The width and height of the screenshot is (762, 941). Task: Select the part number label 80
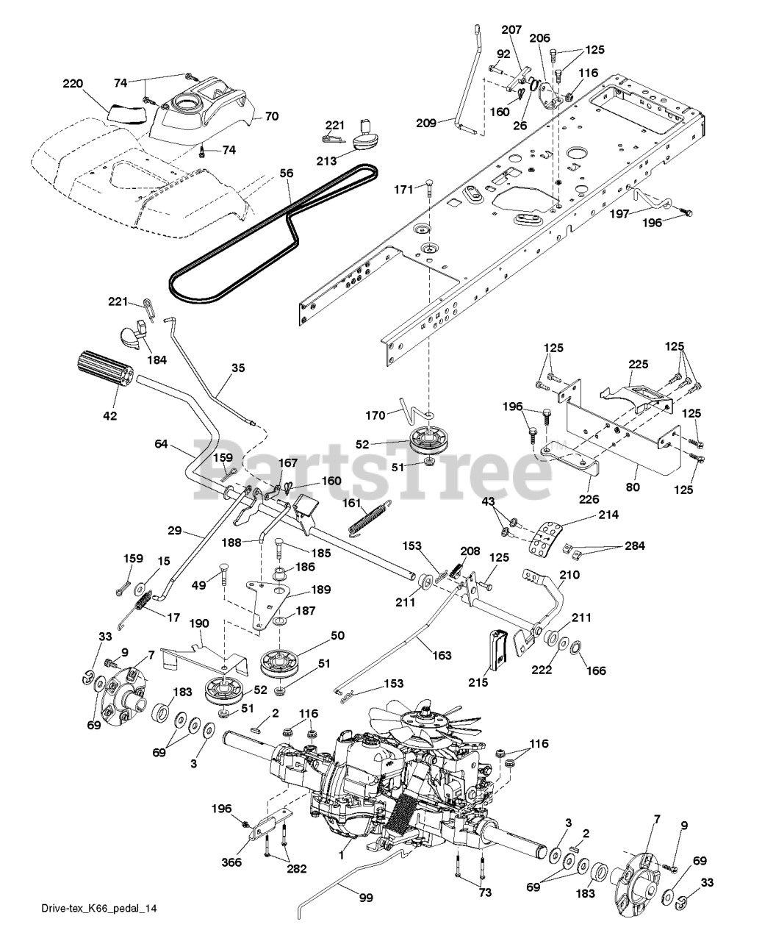click(633, 486)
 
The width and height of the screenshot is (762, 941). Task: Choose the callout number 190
click(198, 623)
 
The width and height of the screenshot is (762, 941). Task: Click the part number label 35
click(237, 368)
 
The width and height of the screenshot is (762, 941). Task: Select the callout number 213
click(326, 160)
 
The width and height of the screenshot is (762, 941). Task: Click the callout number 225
click(638, 364)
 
